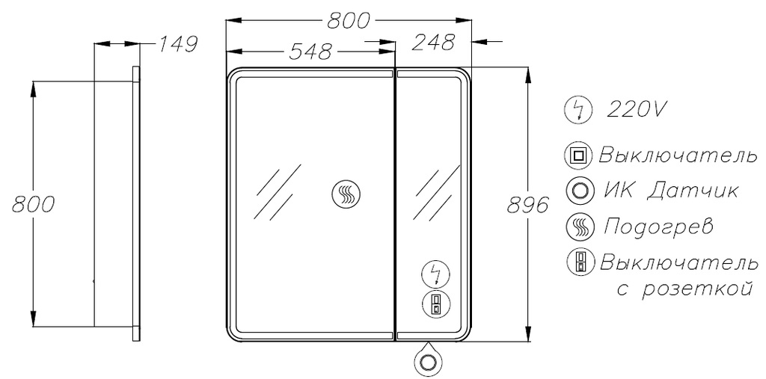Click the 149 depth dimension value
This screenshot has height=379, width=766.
(177, 44)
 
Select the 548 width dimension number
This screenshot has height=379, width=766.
(310, 52)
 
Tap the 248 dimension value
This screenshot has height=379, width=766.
(433, 43)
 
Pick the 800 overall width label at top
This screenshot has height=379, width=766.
(348, 21)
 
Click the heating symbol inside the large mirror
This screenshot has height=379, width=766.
(346, 194)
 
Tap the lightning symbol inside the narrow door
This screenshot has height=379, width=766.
(436, 274)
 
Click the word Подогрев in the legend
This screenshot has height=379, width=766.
(658, 227)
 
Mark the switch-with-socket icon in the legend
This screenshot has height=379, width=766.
(580, 262)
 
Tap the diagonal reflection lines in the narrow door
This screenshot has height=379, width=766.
(437, 194)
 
